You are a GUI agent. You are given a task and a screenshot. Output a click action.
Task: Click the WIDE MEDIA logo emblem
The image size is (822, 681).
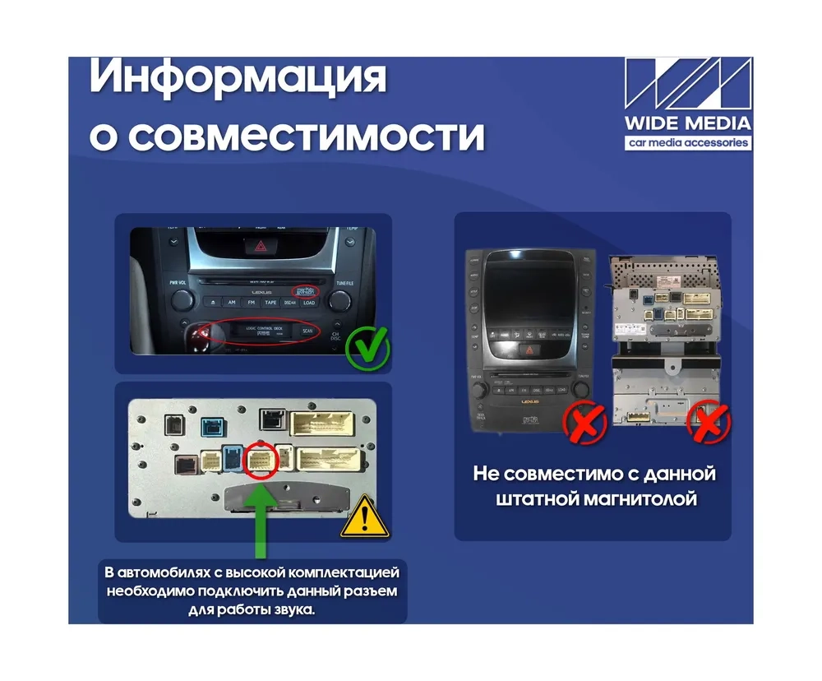687,86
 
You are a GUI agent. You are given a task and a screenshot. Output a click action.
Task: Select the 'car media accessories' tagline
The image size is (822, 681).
687,142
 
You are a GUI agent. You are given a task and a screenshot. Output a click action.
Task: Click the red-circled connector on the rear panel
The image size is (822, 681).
260,461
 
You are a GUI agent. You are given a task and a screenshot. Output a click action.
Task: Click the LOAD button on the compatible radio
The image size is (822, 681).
309,302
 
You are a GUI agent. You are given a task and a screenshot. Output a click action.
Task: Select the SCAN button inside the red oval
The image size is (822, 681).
307,331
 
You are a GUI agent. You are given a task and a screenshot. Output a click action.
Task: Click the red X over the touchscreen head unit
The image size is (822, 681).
584,422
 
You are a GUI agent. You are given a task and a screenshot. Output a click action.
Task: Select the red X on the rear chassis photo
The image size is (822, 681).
708,422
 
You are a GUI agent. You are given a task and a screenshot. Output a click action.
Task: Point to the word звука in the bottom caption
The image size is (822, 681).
291,609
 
